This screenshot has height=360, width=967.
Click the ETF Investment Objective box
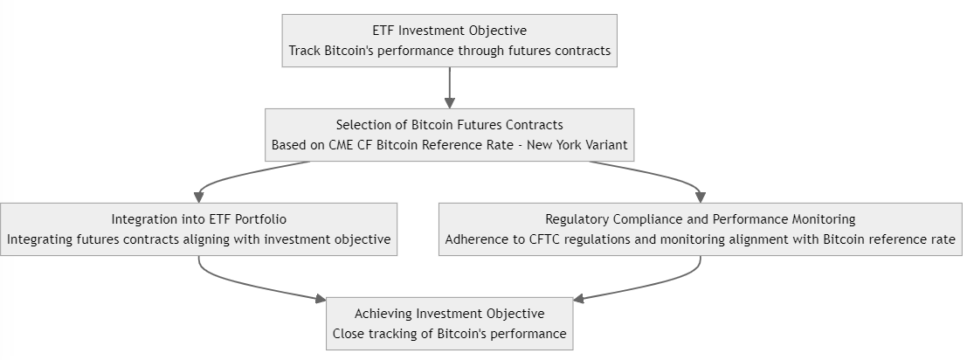[450, 41]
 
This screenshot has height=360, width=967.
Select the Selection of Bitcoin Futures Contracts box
[450, 135]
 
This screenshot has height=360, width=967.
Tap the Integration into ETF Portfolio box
[198, 229]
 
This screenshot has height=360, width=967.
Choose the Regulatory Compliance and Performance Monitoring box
[700, 229]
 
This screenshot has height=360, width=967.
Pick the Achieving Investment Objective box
[450, 323]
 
